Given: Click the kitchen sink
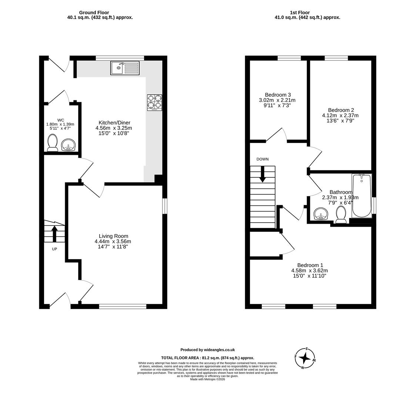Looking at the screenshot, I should tap(125, 68).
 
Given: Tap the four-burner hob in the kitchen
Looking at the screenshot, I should tap(154, 102).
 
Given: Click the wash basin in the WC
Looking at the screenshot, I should tap(68, 144).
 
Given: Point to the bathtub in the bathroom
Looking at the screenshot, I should tap(361, 196).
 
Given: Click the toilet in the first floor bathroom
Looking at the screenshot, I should tap(341, 215).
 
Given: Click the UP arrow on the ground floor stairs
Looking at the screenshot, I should tap(54, 233).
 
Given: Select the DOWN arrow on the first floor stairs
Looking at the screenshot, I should tap(262, 174).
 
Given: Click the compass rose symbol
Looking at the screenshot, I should tap(305, 358).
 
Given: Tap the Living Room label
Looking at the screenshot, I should tap(113, 236).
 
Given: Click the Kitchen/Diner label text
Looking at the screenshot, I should tap(114, 123).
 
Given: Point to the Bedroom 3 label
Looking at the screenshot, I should tap(278, 95).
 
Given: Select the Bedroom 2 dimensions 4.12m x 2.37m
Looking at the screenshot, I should tap(340, 115).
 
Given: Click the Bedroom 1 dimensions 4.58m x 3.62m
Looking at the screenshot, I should tap(310, 270).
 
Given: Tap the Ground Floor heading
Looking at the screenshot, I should tap(94, 13).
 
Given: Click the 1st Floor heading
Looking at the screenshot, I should tap(299, 13).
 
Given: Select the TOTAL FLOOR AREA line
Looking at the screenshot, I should tap(207, 358).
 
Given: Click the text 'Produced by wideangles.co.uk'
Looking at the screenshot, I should tap(207, 350).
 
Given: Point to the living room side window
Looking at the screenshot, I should tap(165, 206).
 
